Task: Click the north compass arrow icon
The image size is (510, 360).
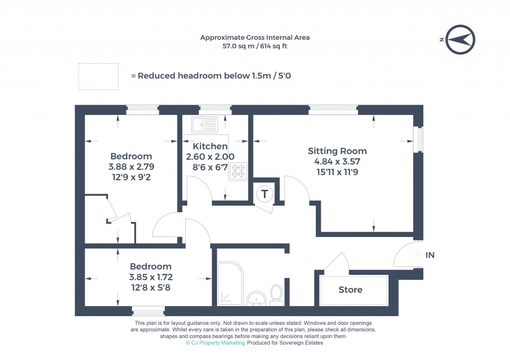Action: click(x=460, y=39)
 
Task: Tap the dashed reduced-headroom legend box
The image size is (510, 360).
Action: click(x=98, y=76)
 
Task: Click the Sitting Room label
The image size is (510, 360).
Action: click(x=337, y=151)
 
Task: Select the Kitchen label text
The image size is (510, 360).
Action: click(x=210, y=146)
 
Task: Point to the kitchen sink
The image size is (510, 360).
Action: click(x=205, y=124)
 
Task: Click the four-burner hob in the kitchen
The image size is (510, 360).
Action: click(x=238, y=171)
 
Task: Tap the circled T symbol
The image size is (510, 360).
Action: click(x=264, y=194)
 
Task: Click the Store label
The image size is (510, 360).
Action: click(x=351, y=290)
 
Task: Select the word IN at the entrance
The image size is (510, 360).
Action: click(x=430, y=255)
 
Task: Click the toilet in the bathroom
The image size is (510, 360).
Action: click(x=276, y=294)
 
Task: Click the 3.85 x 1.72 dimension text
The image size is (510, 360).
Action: click(x=151, y=277)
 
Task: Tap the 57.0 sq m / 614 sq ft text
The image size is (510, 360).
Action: click(x=255, y=46)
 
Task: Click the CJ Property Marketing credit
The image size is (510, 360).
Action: click(x=215, y=343)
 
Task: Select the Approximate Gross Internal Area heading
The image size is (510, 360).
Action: click(x=255, y=37)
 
